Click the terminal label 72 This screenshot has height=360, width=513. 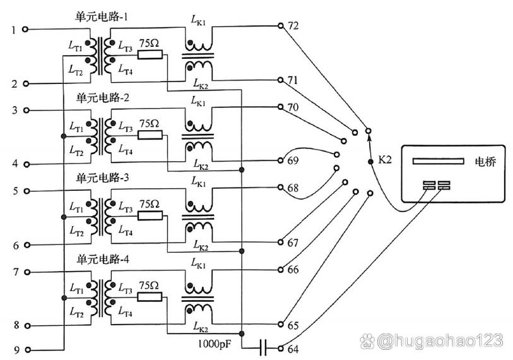pyautogui.click(x=293, y=26)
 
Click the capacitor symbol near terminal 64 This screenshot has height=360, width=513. pyautogui.click(x=264, y=347)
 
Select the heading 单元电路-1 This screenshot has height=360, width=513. pyautogui.click(x=103, y=18)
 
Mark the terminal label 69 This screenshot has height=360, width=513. pyautogui.click(x=293, y=160)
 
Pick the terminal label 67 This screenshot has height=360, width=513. pyautogui.click(x=293, y=243)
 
